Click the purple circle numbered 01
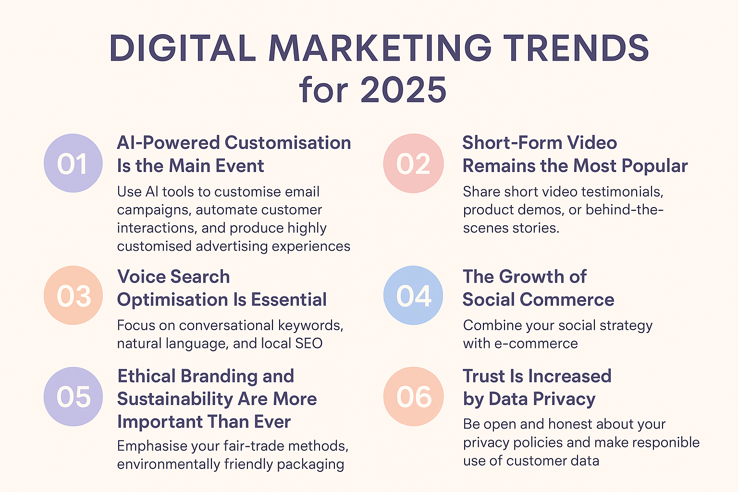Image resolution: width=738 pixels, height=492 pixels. click(73, 163)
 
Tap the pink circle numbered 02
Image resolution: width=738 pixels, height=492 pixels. click(413, 163)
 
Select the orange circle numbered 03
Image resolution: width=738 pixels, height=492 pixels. click(73, 295)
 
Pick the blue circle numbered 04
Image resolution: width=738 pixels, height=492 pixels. click(413, 295)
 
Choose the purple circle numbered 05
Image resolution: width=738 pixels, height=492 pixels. click(73, 397)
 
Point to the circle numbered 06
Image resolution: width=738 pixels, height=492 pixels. click(413, 397)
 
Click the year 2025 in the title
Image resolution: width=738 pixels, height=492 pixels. click(403, 90)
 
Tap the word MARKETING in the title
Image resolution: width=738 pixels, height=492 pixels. click(380, 48)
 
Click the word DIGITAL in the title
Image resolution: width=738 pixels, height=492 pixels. click(183, 48)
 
